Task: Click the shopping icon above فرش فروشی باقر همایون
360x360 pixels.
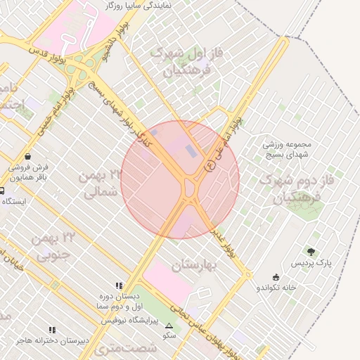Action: (x=27, y=156)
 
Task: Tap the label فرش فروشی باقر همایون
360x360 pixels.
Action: (x=30, y=173)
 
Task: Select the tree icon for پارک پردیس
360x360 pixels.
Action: (x=311, y=251)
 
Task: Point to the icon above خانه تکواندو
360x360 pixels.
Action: (x=276, y=276)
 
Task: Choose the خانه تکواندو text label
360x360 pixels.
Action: (x=276, y=288)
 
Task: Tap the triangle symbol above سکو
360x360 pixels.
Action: (x=169, y=326)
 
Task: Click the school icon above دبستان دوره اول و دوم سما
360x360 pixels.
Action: (x=119, y=286)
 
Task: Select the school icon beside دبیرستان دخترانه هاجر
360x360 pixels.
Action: (x=52, y=330)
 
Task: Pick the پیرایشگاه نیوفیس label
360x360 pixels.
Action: (x=129, y=320)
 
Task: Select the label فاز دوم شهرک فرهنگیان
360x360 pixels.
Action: (x=290, y=188)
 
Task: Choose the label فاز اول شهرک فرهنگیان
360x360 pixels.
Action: (x=182, y=62)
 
